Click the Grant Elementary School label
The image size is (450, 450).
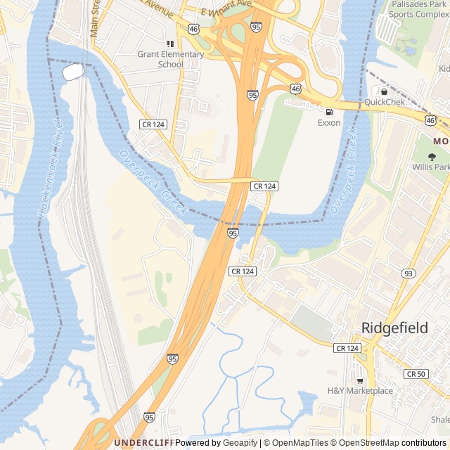click(x=170, y=59)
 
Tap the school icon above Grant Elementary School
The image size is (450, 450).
click(x=170, y=44)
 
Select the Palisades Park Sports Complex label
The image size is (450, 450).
click(x=419, y=9)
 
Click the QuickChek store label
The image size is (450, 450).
click(x=384, y=102)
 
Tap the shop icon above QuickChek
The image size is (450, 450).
click(x=384, y=91)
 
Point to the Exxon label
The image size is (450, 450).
click(x=328, y=123)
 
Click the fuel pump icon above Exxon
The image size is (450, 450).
click(x=328, y=112)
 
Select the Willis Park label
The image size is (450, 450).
click(x=431, y=168)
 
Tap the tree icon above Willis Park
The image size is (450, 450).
click(x=431, y=157)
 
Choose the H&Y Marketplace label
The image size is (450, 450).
click(x=360, y=391)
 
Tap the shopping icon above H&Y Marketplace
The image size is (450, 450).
click(x=360, y=380)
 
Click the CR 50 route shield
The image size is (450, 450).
click(x=416, y=374)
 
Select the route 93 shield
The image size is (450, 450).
click(x=408, y=273)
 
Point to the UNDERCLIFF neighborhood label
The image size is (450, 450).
click(x=143, y=443)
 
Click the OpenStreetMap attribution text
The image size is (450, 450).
click(x=371, y=443)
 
